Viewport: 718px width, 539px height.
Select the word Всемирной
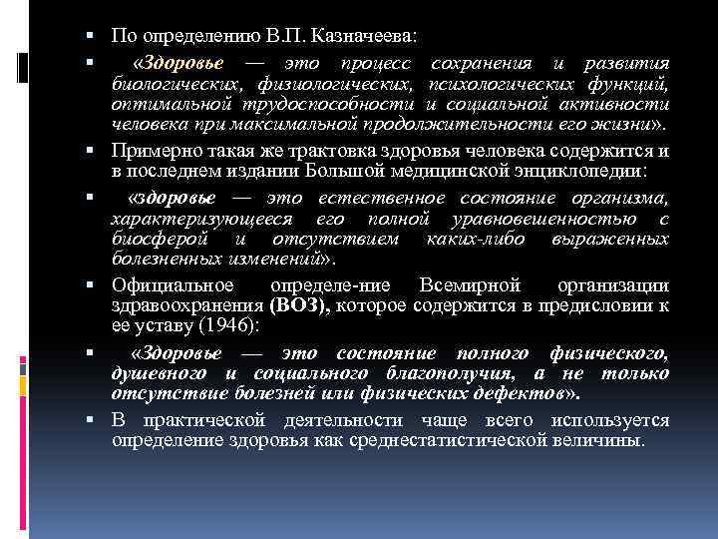[x=470, y=284]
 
